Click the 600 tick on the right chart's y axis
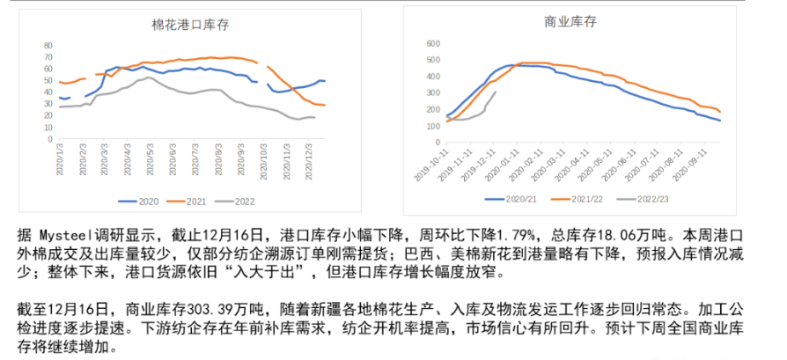point(432,43)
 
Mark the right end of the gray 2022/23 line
point(496,92)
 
